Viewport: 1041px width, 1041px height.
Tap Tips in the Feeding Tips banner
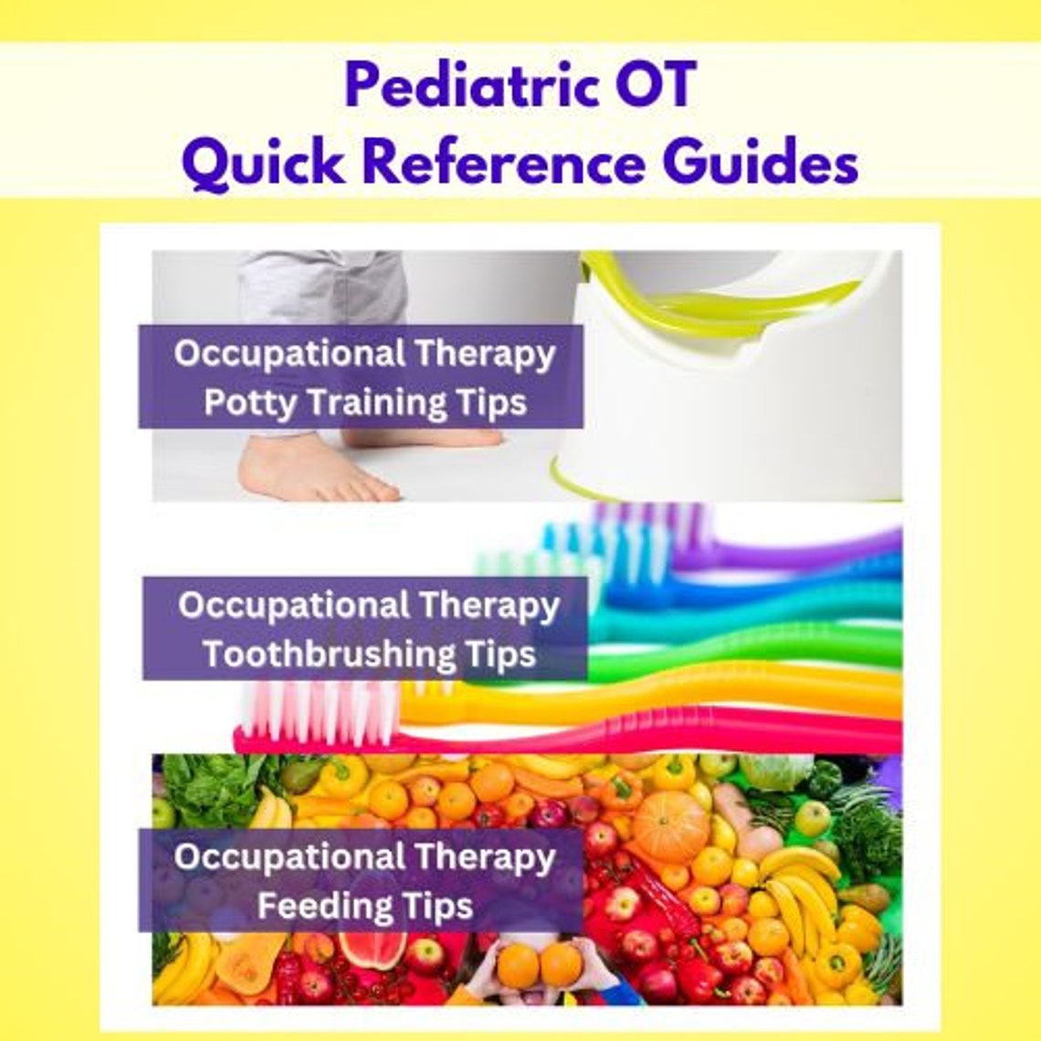441,907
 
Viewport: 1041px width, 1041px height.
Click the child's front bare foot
310,475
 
